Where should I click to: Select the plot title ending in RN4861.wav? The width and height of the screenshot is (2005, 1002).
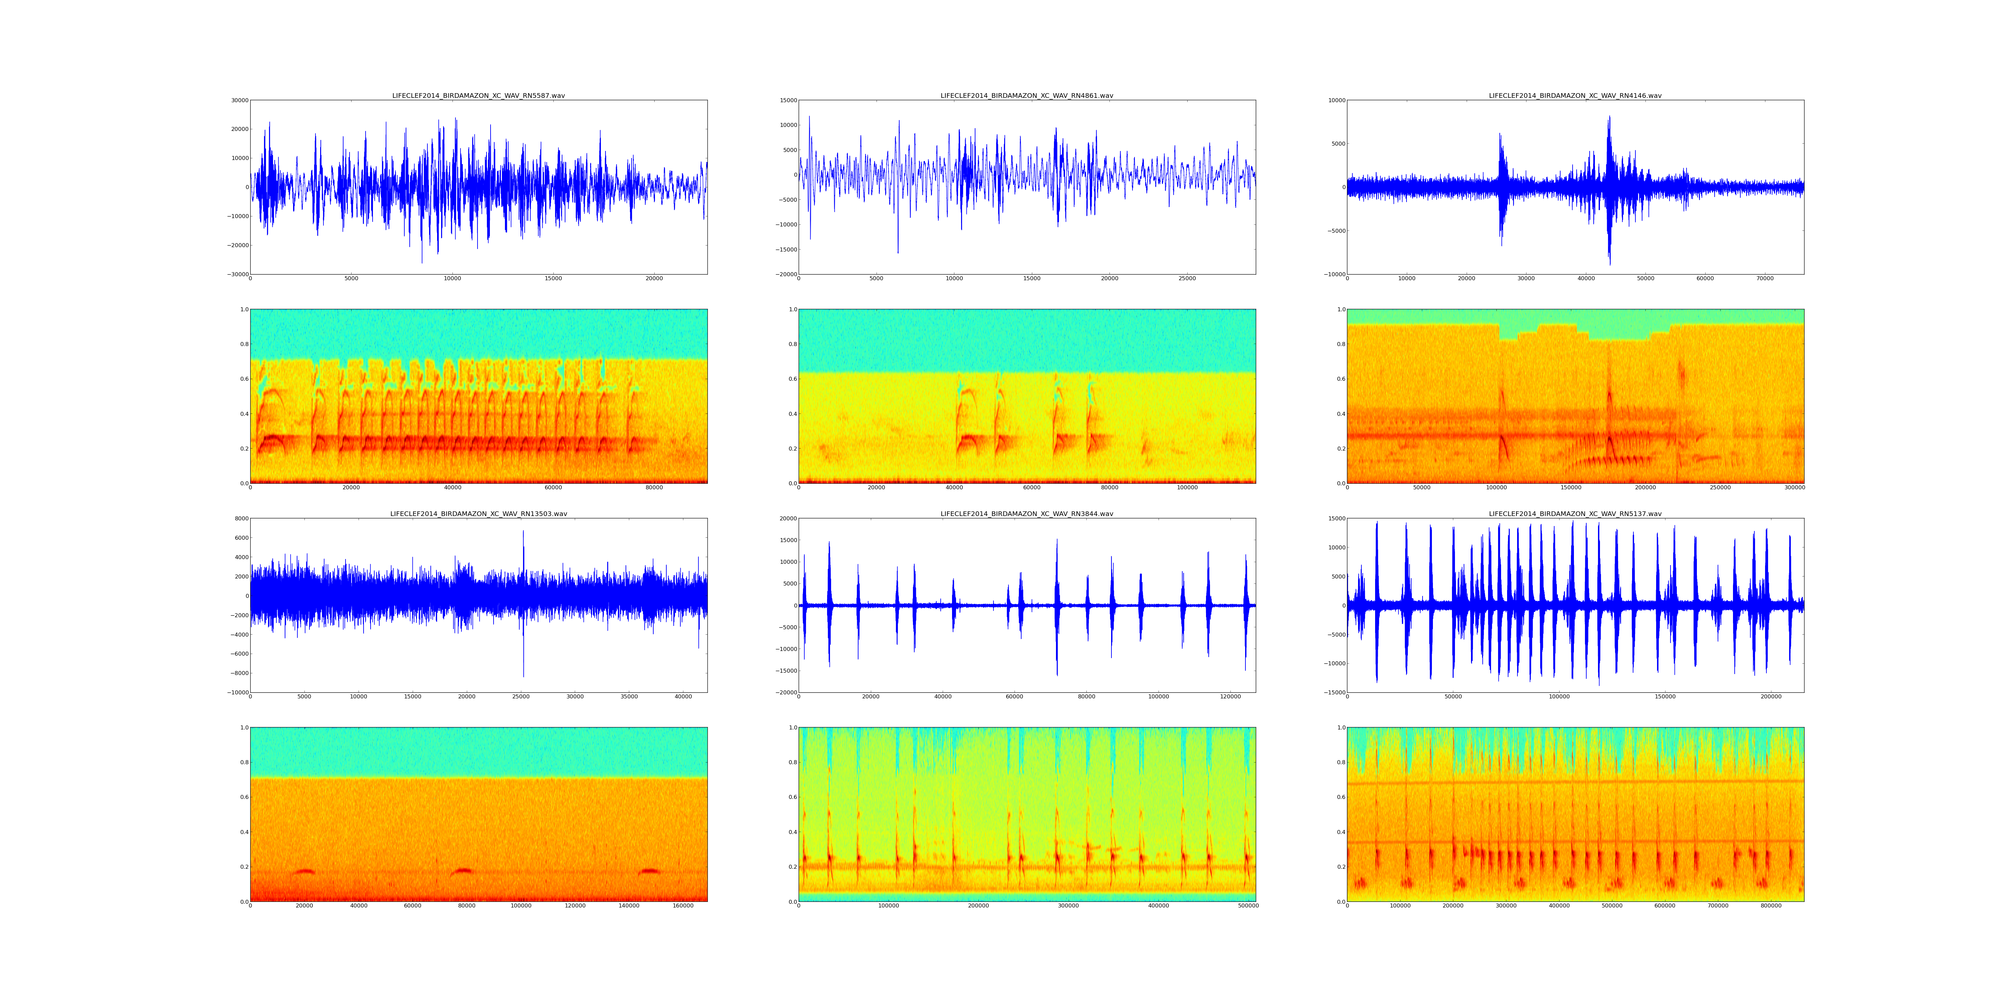(x=1027, y=96)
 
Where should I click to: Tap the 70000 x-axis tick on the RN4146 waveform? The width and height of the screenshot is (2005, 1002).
(x=1765, y=279)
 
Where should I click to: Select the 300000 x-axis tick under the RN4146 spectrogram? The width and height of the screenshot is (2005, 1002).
(x=1795, y=488)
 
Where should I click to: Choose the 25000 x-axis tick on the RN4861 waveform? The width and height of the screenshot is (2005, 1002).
(x=1187, y=279)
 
